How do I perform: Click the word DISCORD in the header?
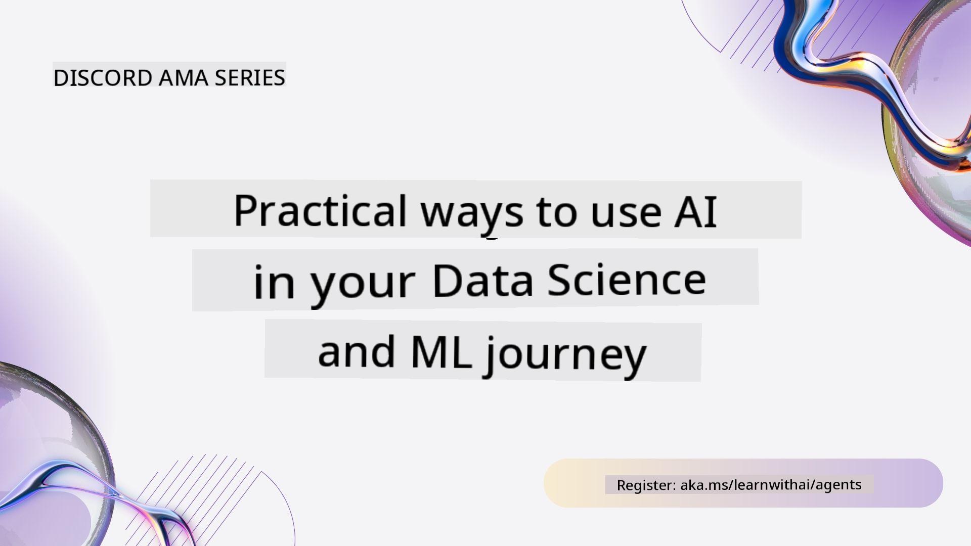click(x=103, y=78)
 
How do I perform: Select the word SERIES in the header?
click(x=250, y=78)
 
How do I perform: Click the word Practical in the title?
click(x=320, y=210)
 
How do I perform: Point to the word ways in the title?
click(x=472, y=215)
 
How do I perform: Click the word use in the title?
click(x=626, y=214)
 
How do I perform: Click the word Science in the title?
click(x=627, y=279)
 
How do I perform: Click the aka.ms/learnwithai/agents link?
click(x=771, y=484)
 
